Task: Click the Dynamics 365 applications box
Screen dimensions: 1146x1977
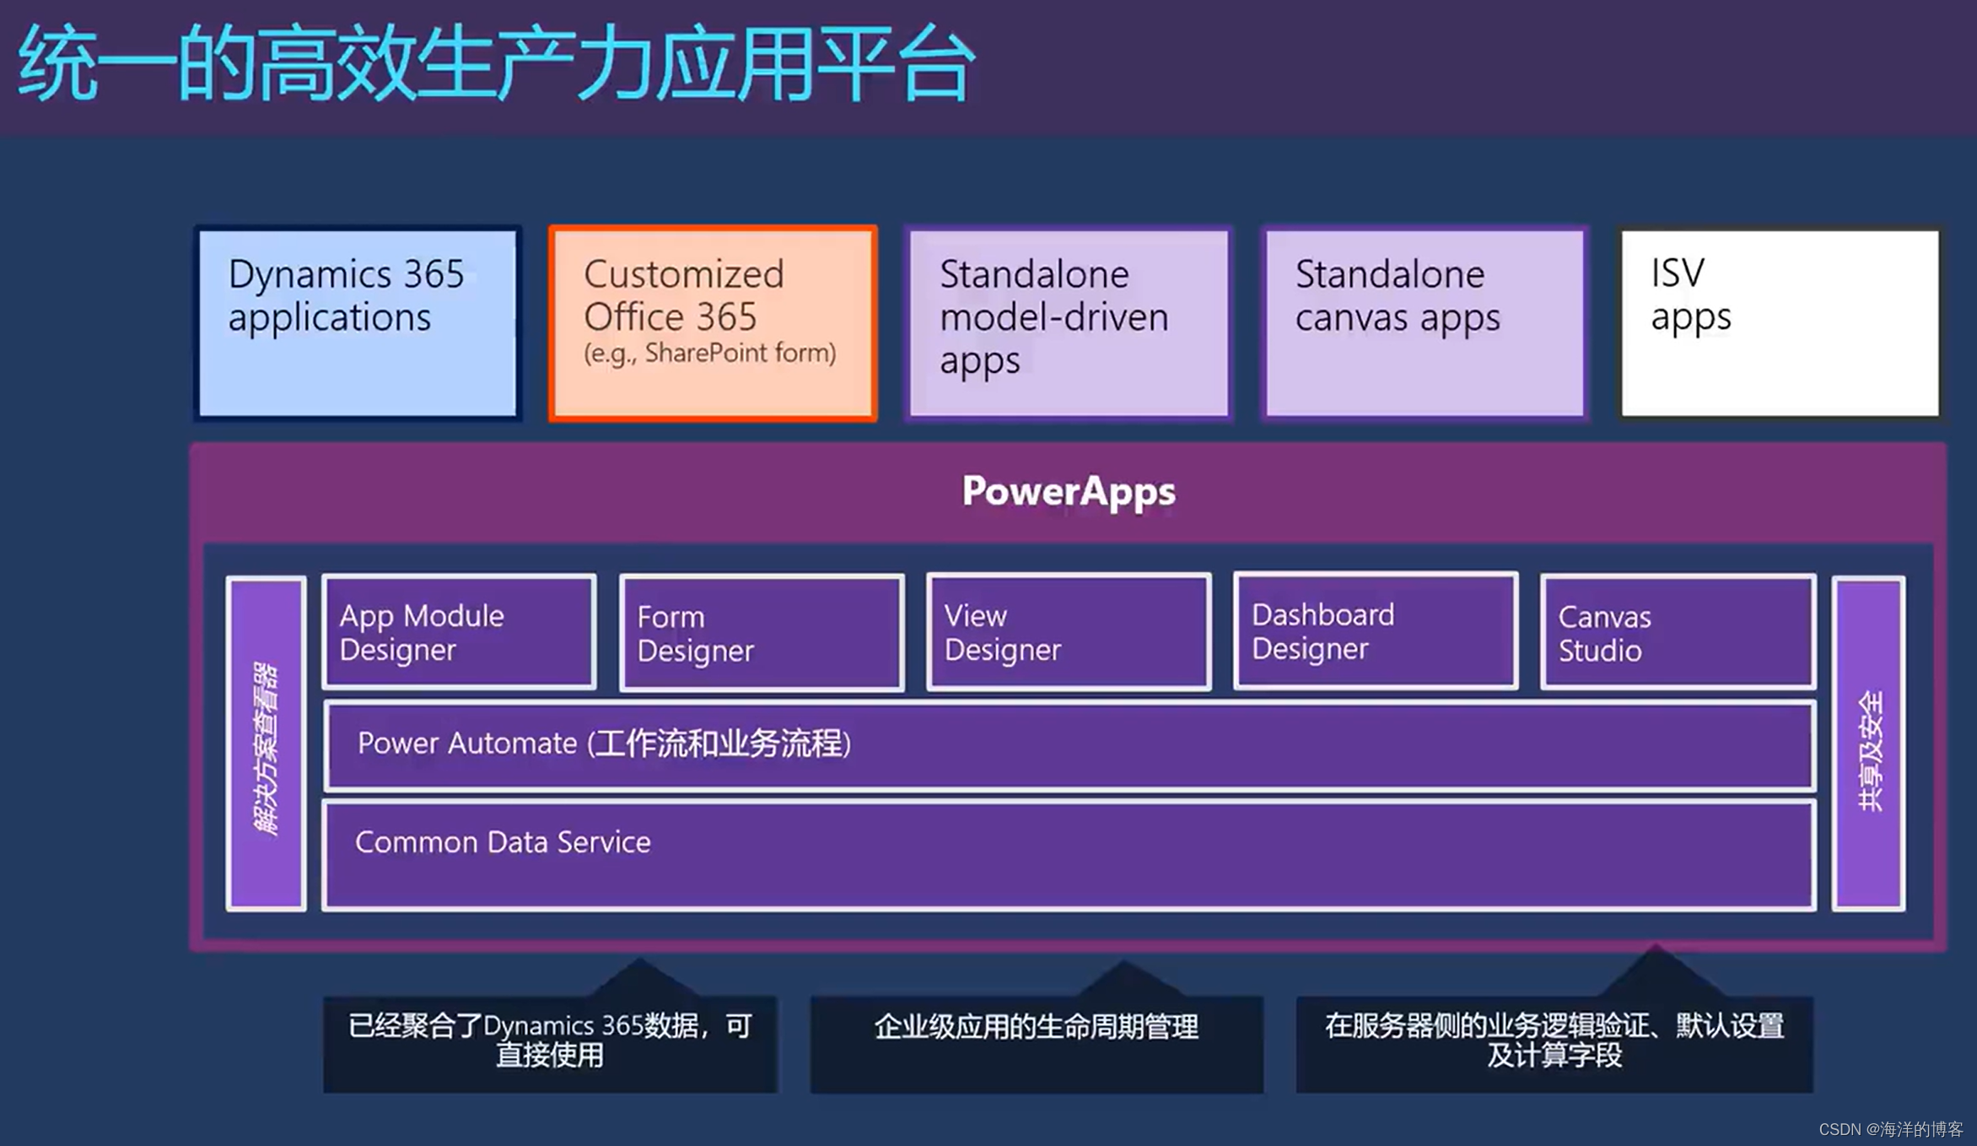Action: pos(358,323)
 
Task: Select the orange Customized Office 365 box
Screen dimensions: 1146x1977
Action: pos(713,323)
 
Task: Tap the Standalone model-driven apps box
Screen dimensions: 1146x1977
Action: pos(1069,323)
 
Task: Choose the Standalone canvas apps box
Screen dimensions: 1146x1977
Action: pos(1425,323)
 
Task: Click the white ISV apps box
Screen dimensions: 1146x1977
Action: pos(1780,323)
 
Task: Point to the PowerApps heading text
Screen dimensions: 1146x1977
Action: pos(1069,491)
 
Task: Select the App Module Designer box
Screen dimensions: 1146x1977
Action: pos(459,633)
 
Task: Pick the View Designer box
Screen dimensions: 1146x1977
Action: pos(1069,633)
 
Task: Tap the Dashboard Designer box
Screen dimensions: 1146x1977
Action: pos(1376,632)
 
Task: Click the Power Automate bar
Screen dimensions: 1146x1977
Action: pos(1069,745)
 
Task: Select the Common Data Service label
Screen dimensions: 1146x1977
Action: pos(503,842)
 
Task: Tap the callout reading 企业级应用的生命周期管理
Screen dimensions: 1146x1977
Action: pos(1037,1043)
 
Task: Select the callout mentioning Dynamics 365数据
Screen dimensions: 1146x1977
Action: pos(550,1043)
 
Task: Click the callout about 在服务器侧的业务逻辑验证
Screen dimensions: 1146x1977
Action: pos(1554,1043)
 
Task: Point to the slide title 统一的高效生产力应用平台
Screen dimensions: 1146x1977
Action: pos(496,64)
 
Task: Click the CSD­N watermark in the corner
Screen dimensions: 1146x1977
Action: pos(1890,1129)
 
